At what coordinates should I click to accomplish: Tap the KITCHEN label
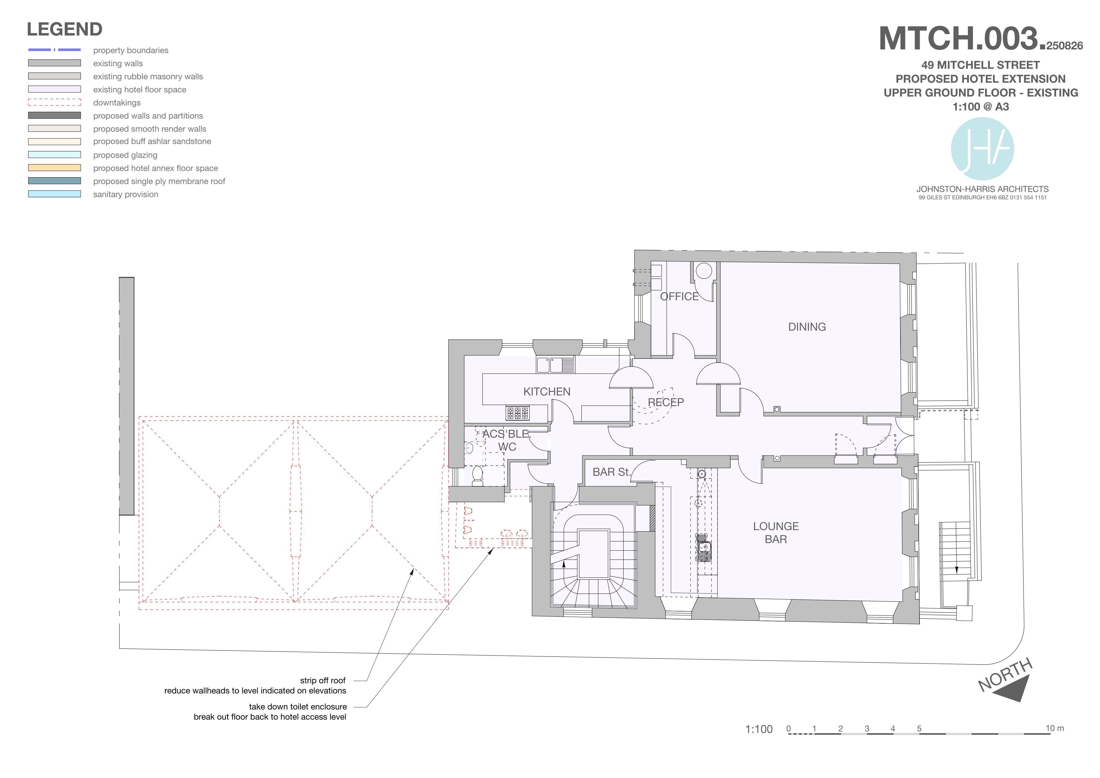[547, 392]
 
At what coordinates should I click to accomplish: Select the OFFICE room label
[679, 296]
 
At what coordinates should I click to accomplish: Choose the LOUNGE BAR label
[776, 533]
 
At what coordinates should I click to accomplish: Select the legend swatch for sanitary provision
[54, 194]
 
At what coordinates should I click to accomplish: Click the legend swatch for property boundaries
[54, 50]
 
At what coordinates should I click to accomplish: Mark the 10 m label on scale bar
[1055, 728]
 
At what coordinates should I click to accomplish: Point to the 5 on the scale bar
[919, 729]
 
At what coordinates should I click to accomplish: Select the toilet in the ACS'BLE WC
[477, 476]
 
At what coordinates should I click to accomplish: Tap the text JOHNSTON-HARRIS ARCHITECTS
[983, 189]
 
